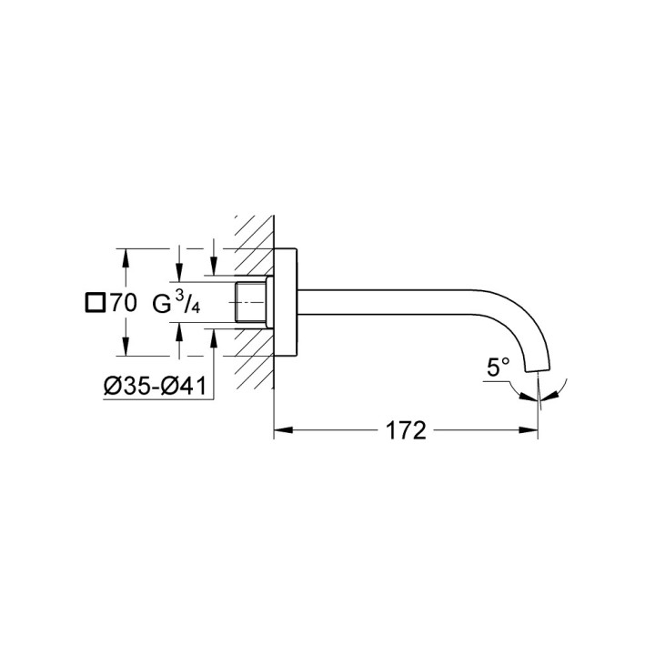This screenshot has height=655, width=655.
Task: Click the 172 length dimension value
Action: pyautogui.click(x=406, y=430)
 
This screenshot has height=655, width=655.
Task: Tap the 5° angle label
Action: pyautogui.click(x=498, y=368)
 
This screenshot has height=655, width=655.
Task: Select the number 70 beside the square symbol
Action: pyautogui.click(x=123, y=304)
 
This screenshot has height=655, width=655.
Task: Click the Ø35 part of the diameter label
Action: pyautogui.click(x=126, y=386)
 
